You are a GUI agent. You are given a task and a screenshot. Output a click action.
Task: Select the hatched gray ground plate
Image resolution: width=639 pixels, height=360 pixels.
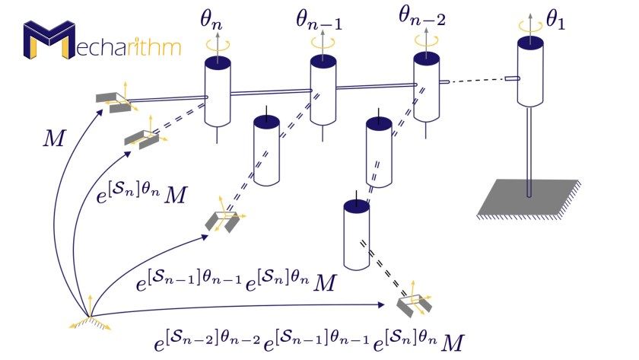(529, 197)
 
